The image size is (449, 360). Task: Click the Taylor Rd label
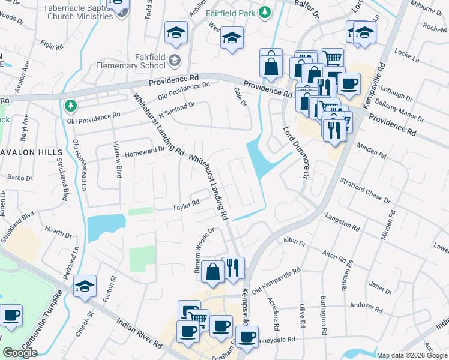pyautogui.click(x=185, y=206)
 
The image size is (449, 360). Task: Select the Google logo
pyautogui.click(x=20, y=353)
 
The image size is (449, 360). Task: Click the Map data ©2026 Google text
pyautogui.click(x=412, y=355)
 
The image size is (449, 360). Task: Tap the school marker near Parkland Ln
pyautogui.click(x=85, y=287)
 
